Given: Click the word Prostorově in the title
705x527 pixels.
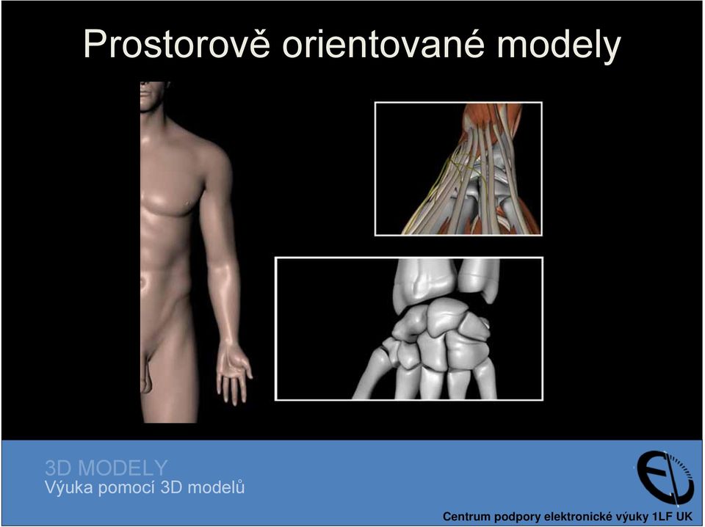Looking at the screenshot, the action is click(177, 43).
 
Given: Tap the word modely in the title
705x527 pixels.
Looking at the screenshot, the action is click(558, 45).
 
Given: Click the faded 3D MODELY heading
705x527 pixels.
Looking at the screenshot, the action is click(106, 468).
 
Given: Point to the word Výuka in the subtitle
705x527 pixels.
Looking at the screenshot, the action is click(69, 487).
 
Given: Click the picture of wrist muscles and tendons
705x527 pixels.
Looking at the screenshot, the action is click(458, 169).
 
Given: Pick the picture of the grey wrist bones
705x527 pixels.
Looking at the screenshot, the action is click(409, 328).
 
